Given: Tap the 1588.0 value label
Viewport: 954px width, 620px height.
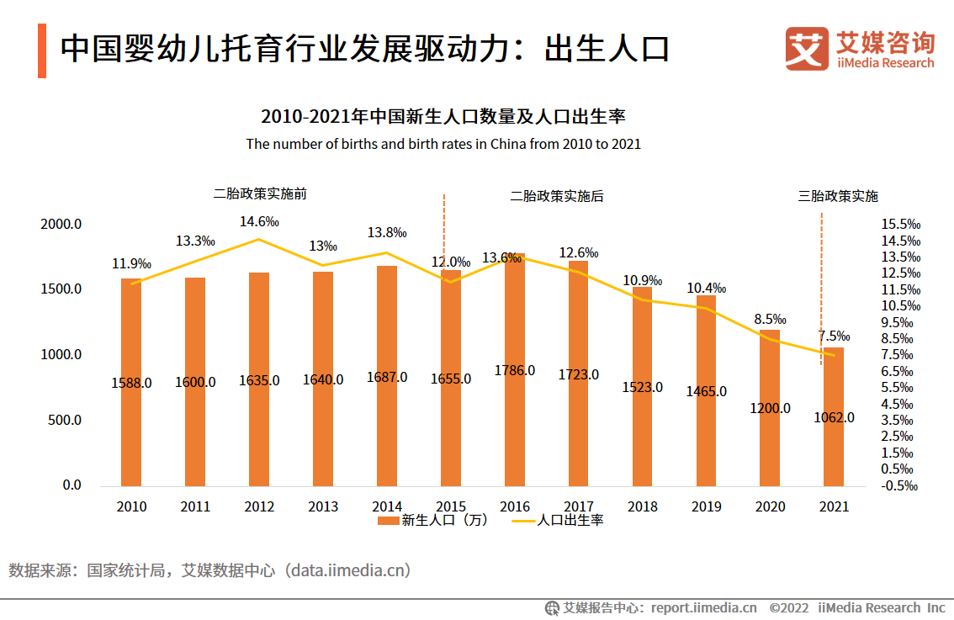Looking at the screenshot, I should click(x=131, y=383).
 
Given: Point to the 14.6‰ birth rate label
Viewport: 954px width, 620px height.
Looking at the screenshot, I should click(x=259, y=222).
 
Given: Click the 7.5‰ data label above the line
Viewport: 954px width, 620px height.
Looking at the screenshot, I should click(x=834, y=336).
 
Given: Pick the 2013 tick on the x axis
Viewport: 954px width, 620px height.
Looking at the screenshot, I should click(x=323, y=506).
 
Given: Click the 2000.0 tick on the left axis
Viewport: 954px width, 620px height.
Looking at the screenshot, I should click(x=61, y=225).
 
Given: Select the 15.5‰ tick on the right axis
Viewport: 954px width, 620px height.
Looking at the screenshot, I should click(x=901, y=225).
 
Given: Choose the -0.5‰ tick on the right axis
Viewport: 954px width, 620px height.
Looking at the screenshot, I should click(x=899, y=485).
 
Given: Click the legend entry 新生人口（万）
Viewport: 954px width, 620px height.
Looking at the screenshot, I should click(x=433, y=521).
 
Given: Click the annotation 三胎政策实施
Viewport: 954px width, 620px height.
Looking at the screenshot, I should click(x=838, y=196).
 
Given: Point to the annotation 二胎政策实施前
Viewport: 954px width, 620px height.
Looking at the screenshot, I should click(x=260, y=193).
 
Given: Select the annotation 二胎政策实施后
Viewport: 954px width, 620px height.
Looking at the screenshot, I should click(x=557, y=196).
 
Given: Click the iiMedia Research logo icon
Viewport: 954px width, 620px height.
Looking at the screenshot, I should click(x=806, y=49).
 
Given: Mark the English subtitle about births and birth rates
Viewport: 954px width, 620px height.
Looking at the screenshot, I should click(x=443, y=144).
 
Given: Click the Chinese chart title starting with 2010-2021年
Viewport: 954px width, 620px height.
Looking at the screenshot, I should click(x=443, y=116).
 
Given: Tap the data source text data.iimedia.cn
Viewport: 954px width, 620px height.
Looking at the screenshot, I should click(x=348, y=570).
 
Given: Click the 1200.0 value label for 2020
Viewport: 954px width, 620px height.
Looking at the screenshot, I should click(x=770, y=408).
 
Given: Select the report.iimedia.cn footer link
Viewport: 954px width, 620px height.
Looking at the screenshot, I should click(x=703, y=607).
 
